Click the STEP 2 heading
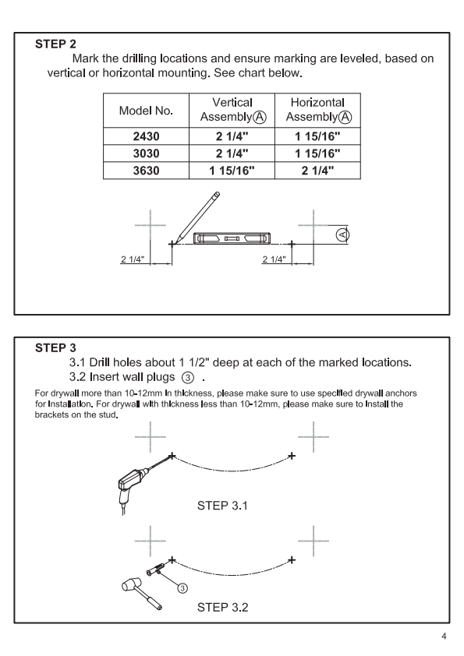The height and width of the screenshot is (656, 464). pos(55,44)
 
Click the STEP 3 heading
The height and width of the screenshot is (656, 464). pos(55,347)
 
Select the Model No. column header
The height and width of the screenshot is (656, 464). pos(146,111)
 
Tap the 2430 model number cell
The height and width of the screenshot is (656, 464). pos(146,136)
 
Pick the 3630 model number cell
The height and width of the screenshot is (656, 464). pos(146,171)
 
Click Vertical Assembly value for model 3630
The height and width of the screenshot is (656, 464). pos(232,171)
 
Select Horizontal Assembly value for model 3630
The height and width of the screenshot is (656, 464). pos(318,171)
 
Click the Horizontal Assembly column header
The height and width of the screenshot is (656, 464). pos(318,110)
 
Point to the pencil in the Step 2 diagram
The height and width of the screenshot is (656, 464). pos(197,217)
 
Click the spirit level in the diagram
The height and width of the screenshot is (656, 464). pos(232,238)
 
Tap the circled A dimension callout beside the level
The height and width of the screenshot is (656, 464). pos(342,235)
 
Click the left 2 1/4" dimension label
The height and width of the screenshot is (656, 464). pos(133,259)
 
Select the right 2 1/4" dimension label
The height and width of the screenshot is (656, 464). pos(274,259)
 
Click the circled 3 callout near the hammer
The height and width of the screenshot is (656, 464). pos(182,588)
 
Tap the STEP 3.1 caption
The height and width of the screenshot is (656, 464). pos(222,506)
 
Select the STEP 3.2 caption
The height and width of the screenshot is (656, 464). pos(222,607)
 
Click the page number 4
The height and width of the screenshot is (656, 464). pos(444,637)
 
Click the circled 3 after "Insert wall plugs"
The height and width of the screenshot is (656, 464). pos(188,378)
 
